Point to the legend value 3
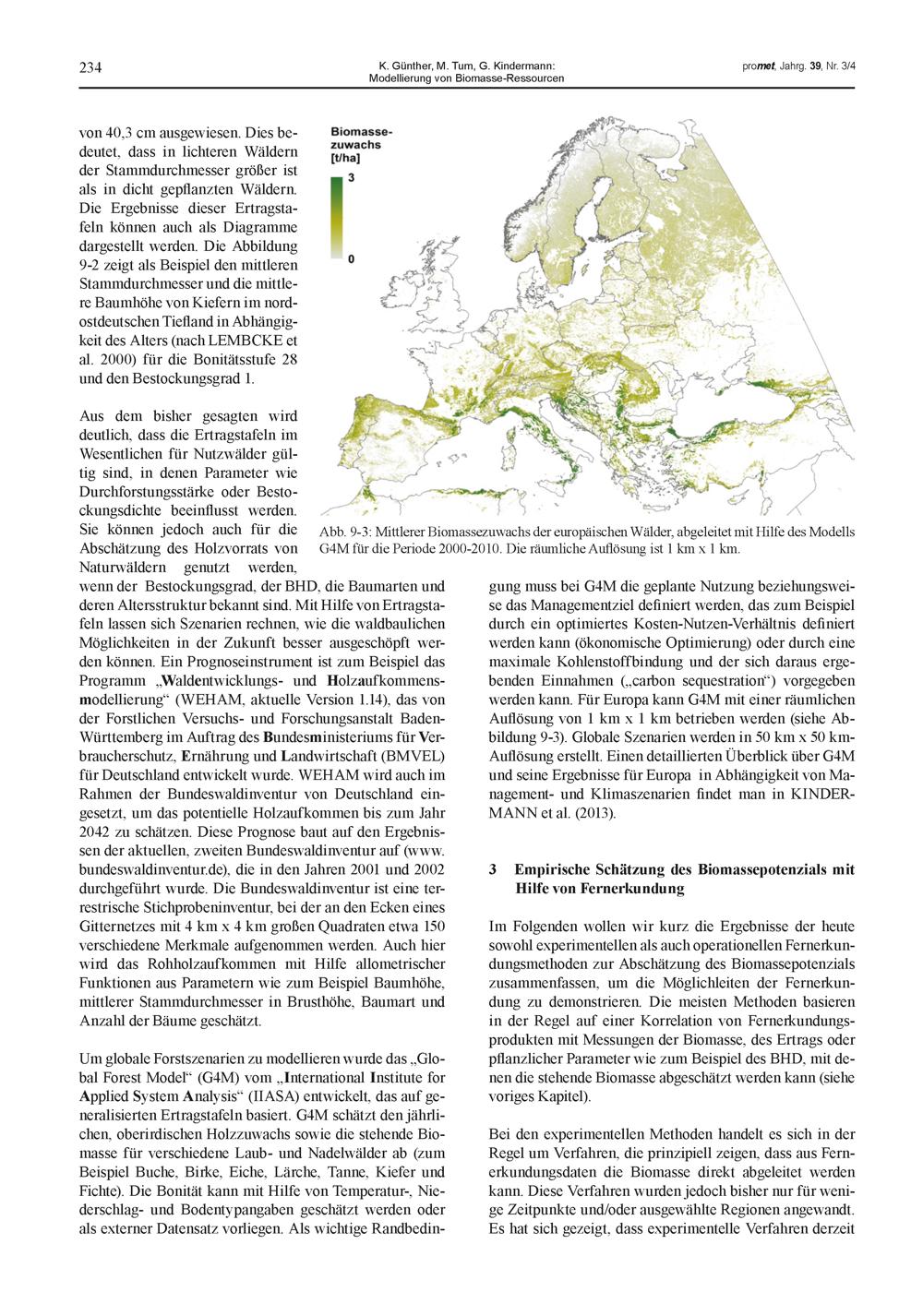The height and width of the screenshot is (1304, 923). [351, 177]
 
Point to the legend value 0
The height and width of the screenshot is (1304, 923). [351, 260]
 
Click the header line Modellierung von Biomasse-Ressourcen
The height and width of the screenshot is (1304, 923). [466, 78]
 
